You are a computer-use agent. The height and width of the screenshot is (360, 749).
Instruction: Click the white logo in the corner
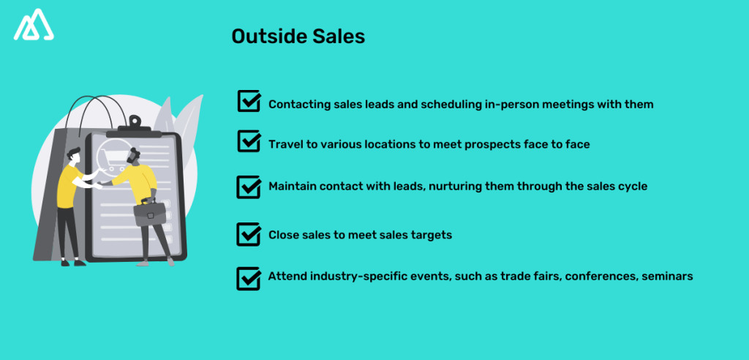point(35,26)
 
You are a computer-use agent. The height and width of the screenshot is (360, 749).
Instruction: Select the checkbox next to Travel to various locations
point(249,141)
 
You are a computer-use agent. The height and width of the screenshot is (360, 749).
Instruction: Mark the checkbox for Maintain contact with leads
point(249,187)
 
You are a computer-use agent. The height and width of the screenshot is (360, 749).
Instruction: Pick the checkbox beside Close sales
point(249,235)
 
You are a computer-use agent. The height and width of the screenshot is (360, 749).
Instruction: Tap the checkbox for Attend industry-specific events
point(249,278)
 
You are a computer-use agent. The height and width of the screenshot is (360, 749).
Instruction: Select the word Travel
point(286,145)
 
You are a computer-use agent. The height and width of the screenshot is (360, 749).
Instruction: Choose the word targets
point(434,236)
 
